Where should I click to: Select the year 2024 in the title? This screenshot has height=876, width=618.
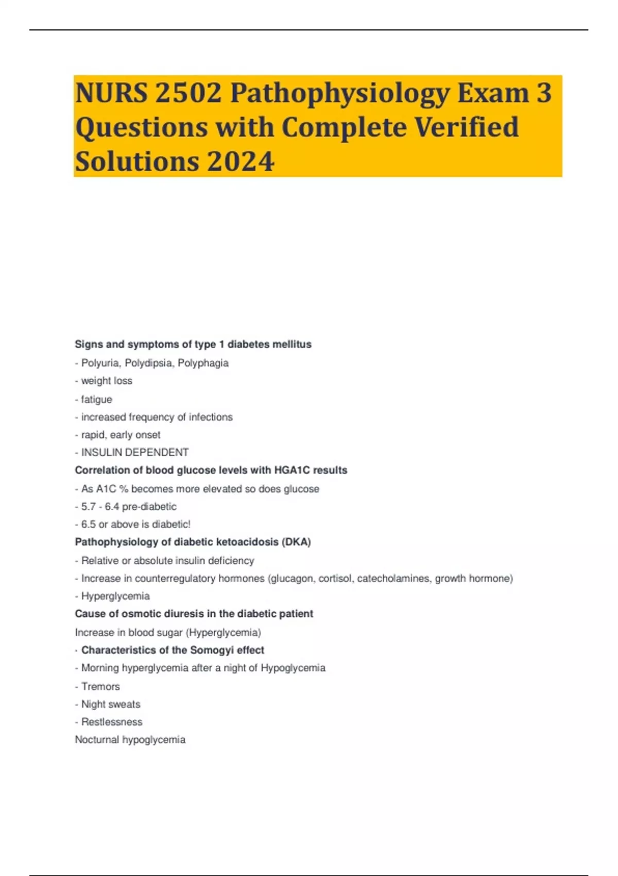pyautogui.click(x=241, y=161)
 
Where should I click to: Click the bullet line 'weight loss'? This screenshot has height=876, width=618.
pyautogui.click(x=107, y=381)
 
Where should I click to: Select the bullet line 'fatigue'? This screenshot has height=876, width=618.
pyautogui.click(x=96, y=399)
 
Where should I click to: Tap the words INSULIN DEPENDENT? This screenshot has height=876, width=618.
pyautogui.click(x=135, y=452)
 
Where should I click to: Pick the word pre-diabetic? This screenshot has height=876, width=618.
pyautogui.click(x=149, y=507)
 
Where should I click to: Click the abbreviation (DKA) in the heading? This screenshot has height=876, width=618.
pyautogui.click(x=296, y=542)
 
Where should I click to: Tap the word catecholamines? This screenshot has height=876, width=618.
pyautogui.click(x=394, y=579)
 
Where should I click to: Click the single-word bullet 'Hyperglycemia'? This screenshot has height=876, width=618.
pyautogui.click(x=115, y=596)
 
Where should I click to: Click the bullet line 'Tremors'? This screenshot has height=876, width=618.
pyautogui.click(x=100, y=686)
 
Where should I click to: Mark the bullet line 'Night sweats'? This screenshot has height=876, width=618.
pyautogui.click(x=111, y=704)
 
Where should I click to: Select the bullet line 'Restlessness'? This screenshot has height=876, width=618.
pyautogui.click(x=112, y=722)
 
